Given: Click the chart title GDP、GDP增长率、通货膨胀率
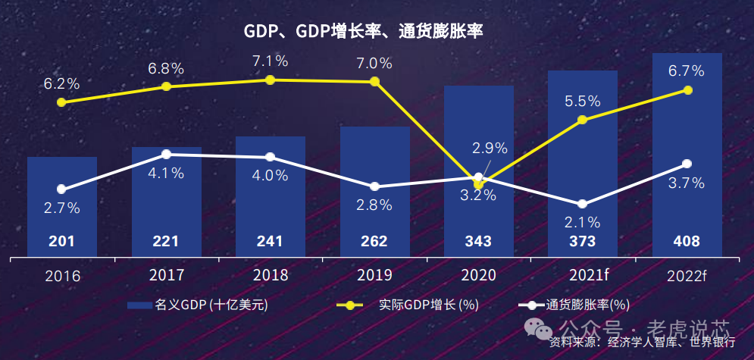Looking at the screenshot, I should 363,31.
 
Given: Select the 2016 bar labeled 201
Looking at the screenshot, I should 61,205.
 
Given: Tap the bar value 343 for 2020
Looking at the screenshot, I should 478,242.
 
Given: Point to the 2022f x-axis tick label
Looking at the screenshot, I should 687,275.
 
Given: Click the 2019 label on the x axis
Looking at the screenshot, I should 374,274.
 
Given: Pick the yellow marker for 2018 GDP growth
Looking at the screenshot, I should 271,80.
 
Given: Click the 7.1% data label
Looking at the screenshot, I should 271,61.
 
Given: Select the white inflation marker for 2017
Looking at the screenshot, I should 166,155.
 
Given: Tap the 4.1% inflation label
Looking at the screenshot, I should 166,174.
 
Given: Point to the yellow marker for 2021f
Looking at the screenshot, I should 582,120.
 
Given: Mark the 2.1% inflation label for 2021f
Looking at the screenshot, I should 582,223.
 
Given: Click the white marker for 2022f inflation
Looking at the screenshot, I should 687,164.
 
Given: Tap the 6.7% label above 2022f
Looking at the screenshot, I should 687,71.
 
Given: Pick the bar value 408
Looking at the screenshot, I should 687,242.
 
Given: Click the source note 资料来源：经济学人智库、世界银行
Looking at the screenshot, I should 643,343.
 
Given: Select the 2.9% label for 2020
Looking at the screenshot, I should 490,149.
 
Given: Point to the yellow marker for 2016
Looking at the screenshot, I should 61,102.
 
